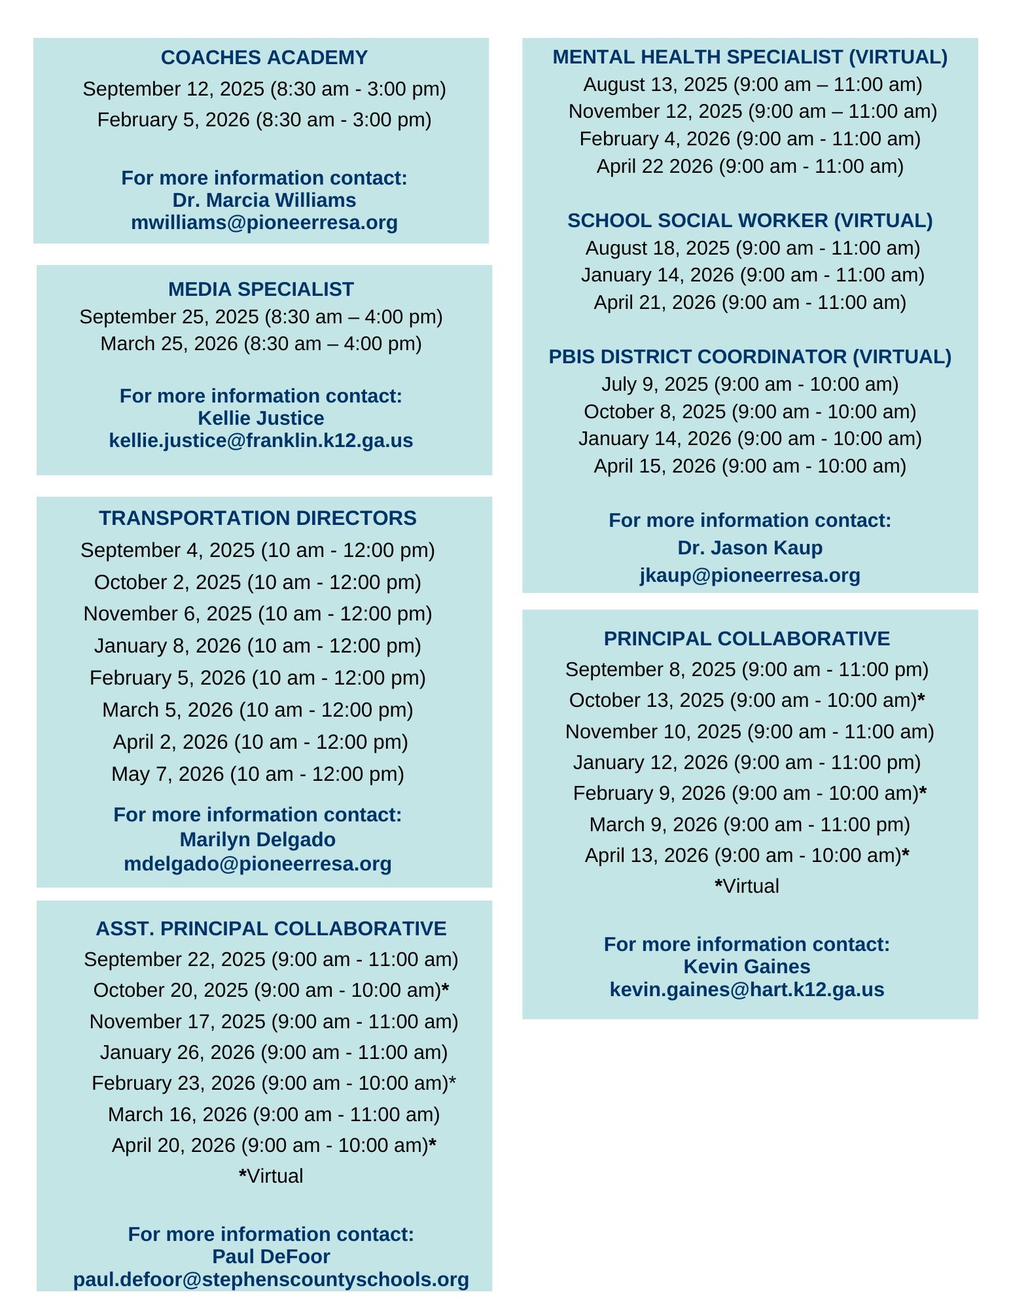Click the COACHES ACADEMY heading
[x=264, y=58]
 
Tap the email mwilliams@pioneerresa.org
[x=264, y=223]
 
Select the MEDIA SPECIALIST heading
[x=260, y=289]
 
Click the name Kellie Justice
[x=260, y=418]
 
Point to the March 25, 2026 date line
[x=260, y=344]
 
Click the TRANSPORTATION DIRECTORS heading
[x=257, y=518]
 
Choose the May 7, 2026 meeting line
[x=257, y=774]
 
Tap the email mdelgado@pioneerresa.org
[x=257, y=864]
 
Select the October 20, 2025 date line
[x=270, y=990]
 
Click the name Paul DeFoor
[x=270, y=1257]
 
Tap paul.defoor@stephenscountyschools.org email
[x=270, y=1280]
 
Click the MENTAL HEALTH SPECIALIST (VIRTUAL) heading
[x=749, y=57]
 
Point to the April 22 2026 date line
[x=749, y=166]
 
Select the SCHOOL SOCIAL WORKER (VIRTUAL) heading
[x=749, y=221]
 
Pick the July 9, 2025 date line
[x=749, y=384]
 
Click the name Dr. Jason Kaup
[x=749, y=548]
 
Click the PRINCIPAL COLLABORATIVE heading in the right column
[x=746, y=638]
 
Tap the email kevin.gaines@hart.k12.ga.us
[x=746, y=989]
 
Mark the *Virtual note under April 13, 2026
[x=746, y=886]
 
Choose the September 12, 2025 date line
[x=264, y=89]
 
